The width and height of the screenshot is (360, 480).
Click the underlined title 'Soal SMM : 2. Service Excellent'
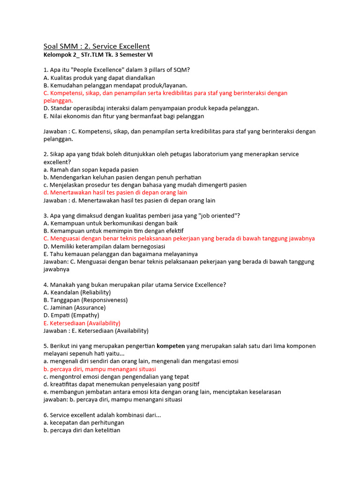(97, 46)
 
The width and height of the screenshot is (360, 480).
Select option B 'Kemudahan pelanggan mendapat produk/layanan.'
(115, 85)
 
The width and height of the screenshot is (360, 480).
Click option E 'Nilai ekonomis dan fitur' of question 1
(124, 116)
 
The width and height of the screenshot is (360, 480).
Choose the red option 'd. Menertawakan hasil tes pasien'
(115, 192)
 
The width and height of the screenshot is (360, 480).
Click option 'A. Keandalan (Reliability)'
(77, 292)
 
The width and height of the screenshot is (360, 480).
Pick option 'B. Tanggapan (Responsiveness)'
(85, 300)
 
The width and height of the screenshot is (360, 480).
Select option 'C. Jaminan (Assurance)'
(75, 307)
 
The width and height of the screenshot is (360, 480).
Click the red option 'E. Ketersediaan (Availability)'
(82, 323)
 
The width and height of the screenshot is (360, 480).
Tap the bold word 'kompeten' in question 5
(171, 346)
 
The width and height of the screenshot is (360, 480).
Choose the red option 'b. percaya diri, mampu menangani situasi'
(100, 369)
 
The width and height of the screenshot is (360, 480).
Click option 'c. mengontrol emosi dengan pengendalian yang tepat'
(122, 376)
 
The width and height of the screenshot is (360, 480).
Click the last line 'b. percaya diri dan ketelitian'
(82, 430)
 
